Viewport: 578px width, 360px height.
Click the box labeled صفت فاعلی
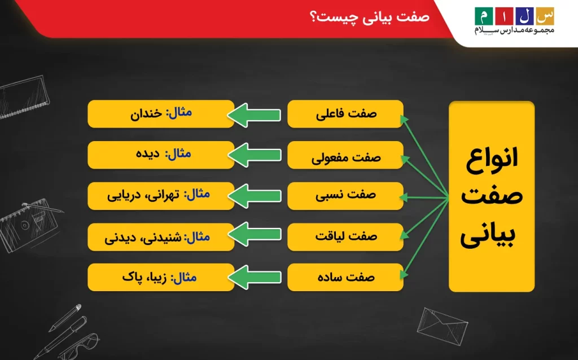click(345, 114)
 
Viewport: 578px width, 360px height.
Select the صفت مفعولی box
click(345, 155)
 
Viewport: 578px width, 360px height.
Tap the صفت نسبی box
click(345, 196)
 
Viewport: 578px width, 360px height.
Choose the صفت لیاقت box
click(345, 237)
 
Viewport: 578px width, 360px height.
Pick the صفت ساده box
click(345, 278)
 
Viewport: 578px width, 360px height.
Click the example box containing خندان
click(160, 114)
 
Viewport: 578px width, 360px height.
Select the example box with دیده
click(160, 155)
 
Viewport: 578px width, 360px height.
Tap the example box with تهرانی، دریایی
click(160, 196)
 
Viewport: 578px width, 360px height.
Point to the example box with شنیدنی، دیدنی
click(160, 237)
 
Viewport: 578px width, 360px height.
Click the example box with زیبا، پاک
click(160, 278)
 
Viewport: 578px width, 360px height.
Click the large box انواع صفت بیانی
click(491, 196)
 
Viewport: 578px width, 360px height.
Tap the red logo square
click(504, 15)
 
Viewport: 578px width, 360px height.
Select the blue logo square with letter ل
click(524, 15)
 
